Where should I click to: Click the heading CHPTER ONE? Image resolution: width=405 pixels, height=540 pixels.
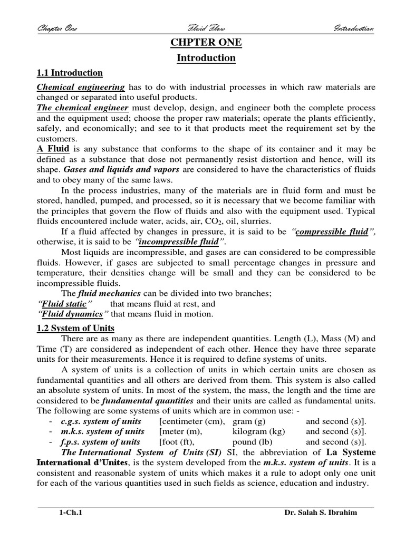206,43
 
